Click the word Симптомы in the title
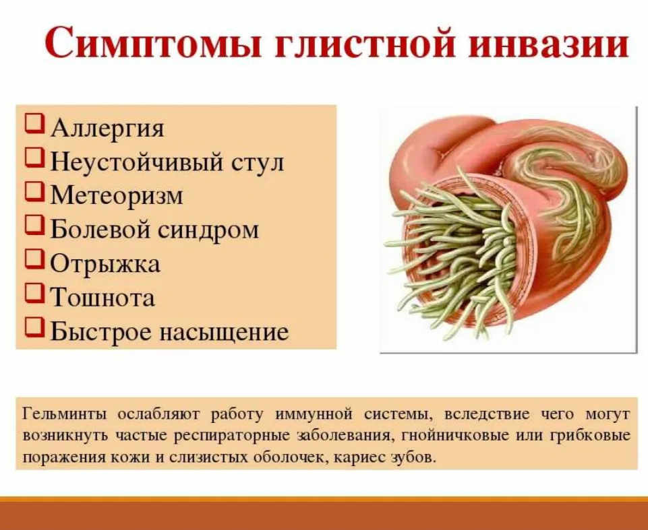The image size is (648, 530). [x=153, y=43]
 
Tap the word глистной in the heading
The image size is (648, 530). [x=365, y=43]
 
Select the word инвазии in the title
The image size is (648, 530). [x=549, y=43]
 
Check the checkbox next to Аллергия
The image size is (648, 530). [x=34, y=124]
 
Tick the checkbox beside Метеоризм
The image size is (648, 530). [x=34, y=192]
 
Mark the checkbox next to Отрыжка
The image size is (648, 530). [x=34, y=260]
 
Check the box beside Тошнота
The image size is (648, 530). [x=34, y=293]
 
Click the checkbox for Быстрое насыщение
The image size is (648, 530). [x=34, y=327]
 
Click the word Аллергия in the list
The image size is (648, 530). [x=107, y=128]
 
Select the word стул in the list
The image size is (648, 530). [x=258, y=162]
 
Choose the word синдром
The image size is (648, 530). [x=208, y=230]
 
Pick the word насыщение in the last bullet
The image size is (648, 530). [x=224, y=332]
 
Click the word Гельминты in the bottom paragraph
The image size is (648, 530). [x=65, y=414]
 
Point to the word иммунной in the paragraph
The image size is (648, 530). [x=314, y=414]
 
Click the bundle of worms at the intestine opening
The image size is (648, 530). [x=454, y=256]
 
